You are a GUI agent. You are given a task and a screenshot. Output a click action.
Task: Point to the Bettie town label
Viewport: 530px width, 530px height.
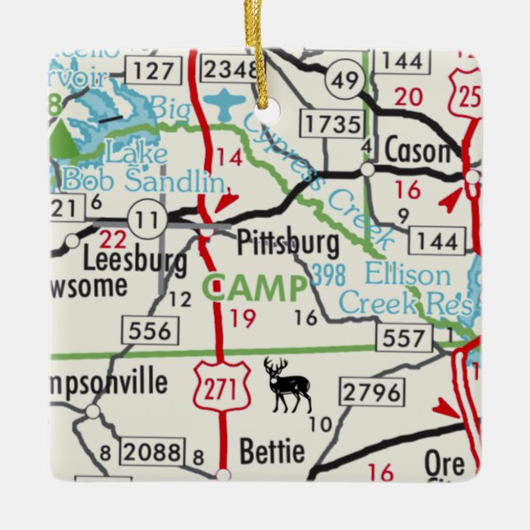click(272, 451)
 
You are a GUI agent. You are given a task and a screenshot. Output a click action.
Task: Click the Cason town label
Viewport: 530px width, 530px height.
click(417, 151)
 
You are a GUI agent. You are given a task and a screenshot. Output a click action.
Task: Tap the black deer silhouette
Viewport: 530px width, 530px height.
click(287, 384)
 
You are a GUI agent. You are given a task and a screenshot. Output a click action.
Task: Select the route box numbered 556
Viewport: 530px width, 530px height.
click(151, 330)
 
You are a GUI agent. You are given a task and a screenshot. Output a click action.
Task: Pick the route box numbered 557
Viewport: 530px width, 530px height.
click(405, 337)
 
